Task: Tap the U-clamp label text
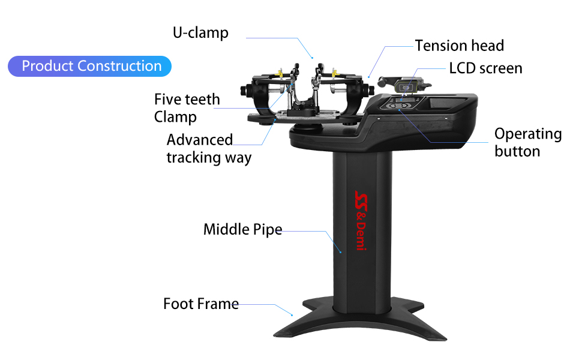(200, 32)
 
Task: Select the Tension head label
(459, 46)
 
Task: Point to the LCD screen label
(485, 68)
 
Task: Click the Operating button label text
(527, 142)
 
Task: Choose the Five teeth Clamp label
(187, 108)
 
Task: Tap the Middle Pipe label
(242, 229)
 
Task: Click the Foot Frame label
(200, 304)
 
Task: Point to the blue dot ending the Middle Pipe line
(341, 253)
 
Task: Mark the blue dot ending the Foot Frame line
(292, 314)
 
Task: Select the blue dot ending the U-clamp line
(313, 58)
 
